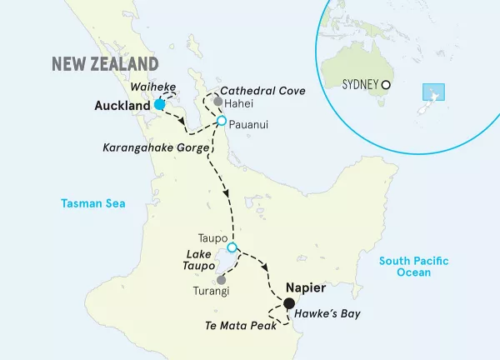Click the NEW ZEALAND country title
[x=105, y=64]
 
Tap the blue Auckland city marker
[x=159, y=105]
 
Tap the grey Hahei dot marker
[x=218, y=102]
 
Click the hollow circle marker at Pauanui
[x=222, y=122]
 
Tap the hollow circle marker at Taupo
[x=232, y=247]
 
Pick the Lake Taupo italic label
[x=194, y=261]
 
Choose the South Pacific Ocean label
[x=414, y=267]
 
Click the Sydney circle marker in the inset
[x=386, y=84]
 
